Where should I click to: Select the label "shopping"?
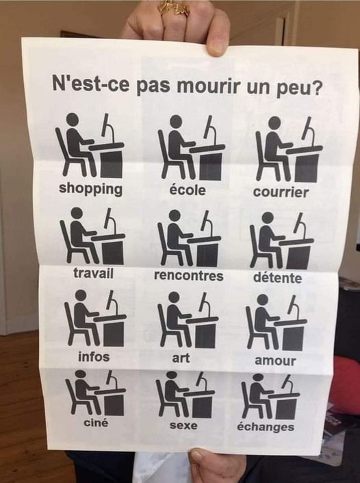pos(91,189)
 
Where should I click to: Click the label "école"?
pos(188,190)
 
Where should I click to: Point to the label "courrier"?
pos(281,192)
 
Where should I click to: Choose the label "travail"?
pos(93,273)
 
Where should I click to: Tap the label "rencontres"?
pos(189,275)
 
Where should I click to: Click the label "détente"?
pos(278,277)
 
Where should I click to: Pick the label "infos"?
pos(94,357)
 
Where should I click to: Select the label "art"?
pos(181,358)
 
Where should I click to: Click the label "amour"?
pos(275,361)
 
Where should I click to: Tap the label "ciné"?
pos(96,422)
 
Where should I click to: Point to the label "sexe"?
pos(183,425)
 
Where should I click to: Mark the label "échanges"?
pos(266,427)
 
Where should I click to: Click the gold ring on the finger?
pos(174,8)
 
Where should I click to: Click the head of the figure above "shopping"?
pos(73,119)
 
